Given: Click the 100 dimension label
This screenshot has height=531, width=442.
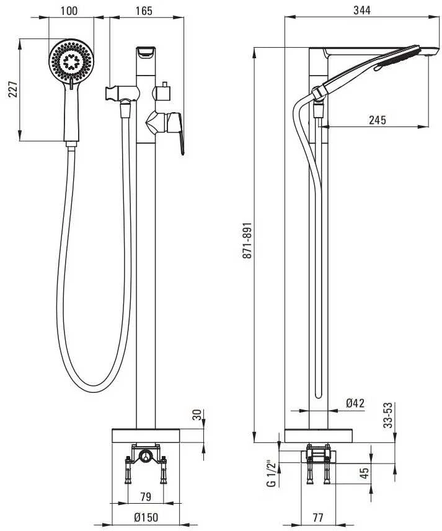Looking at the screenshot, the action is (69, 11).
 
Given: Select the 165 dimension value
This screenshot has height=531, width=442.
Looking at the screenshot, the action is (144, 11).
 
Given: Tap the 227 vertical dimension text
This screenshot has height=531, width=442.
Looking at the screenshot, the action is (13, 89).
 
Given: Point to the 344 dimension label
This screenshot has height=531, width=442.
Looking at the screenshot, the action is (362, 11).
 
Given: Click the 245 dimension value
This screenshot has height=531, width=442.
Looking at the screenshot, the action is (378, 120).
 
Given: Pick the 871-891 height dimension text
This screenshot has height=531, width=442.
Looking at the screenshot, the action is (247, 241).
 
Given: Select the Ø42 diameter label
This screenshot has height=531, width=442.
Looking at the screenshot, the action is (355, 403).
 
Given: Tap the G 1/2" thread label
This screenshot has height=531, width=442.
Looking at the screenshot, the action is (272, 473).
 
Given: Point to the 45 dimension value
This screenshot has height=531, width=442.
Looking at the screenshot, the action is (363, 474).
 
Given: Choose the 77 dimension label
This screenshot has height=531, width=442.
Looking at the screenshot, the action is (317, 517).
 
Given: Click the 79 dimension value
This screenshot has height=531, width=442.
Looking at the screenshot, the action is (145, 497).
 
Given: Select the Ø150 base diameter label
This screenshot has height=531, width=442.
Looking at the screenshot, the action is (146, 517).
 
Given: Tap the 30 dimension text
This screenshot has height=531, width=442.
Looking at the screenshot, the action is (197, 415).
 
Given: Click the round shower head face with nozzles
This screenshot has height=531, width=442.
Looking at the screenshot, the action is (71, 61).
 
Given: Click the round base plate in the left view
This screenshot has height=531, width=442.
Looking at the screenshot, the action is (146, 436).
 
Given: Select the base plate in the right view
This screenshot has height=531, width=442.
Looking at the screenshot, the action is (319, 436).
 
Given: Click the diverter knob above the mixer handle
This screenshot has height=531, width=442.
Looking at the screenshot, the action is (163, 92).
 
